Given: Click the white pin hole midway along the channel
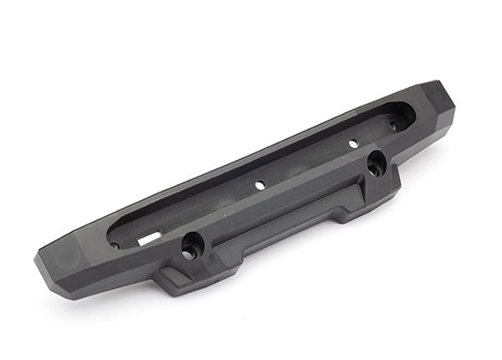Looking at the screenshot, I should click(x=259, y=183).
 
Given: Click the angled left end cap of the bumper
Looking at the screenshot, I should click(x=63, y=266).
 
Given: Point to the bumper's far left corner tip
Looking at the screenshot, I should click(x=37, y=261).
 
